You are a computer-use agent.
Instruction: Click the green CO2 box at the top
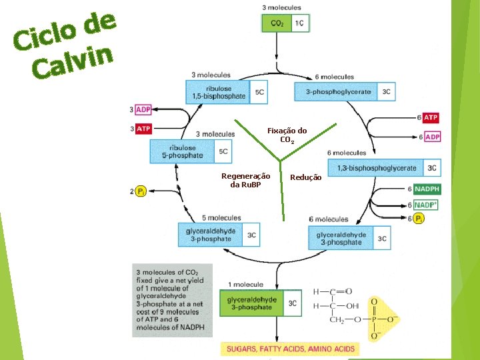[x=277, y=23]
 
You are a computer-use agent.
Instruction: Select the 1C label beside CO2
[x=300, y=23]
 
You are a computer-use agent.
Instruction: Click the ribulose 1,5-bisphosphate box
[x=219, y=92]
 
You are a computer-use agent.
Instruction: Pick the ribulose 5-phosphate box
[x=183, y=151]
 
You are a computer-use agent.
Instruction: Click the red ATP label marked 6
[x=431, y=118]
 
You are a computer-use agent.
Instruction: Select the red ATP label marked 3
[x=143, y=128]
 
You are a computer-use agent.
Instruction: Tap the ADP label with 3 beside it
[x=143, y=109]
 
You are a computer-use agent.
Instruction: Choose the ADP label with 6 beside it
[x=432, y=137]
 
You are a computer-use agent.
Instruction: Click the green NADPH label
[x=427, y=189]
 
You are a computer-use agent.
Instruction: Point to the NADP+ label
[x=426, y=205]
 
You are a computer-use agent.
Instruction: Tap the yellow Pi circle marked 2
[x=141, y=192]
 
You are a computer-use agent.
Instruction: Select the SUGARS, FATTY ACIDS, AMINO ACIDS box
[x=290, y=349]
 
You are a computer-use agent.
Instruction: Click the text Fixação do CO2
[x=287, y=135]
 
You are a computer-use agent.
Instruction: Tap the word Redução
[x=306, y=177]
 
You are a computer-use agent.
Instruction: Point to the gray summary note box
[x=171, y=300]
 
